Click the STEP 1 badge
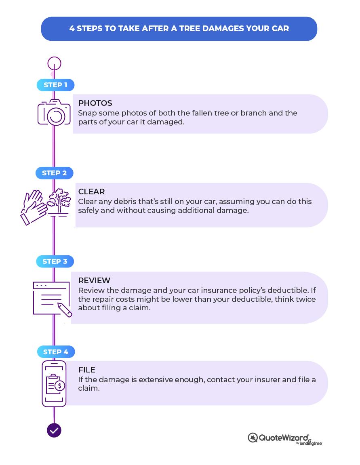(55, 85)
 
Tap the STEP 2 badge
(54, 173)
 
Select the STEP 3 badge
(55, 261)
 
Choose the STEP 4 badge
(56, 352)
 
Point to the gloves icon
(34, 207)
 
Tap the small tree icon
(59, 202)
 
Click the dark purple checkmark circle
(54, 430)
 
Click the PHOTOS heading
(95, 103)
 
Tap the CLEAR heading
(91, 191)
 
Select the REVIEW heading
(94, 280)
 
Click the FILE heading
(86, 370)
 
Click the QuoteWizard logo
(285, 438)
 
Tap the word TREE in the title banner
(190, 28)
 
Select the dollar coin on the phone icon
(60, 385)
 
